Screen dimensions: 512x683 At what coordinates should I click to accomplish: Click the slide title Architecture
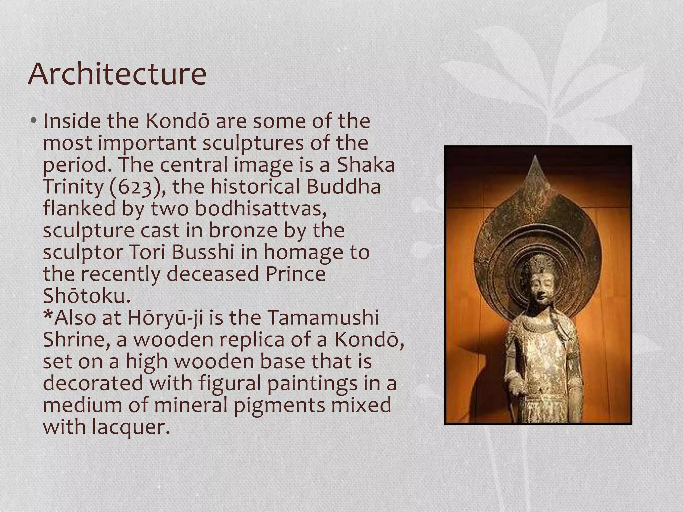[117, 74]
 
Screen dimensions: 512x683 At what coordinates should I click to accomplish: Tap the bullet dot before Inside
[33, 121]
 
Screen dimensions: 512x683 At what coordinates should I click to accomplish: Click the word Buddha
[344, 187]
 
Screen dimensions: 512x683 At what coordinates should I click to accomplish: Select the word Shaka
[366, 165]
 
